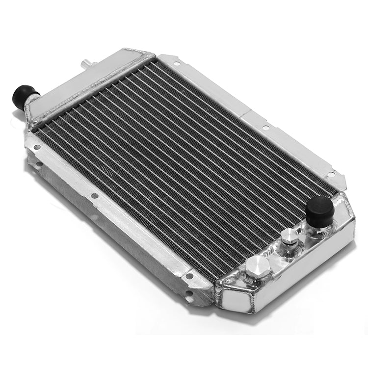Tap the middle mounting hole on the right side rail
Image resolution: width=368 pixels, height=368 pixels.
click(265, 128)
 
